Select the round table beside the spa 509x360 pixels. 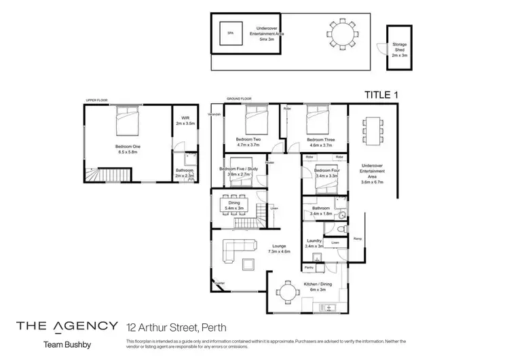(x=344, y=34)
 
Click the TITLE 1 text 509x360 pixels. (x=381, y=95)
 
